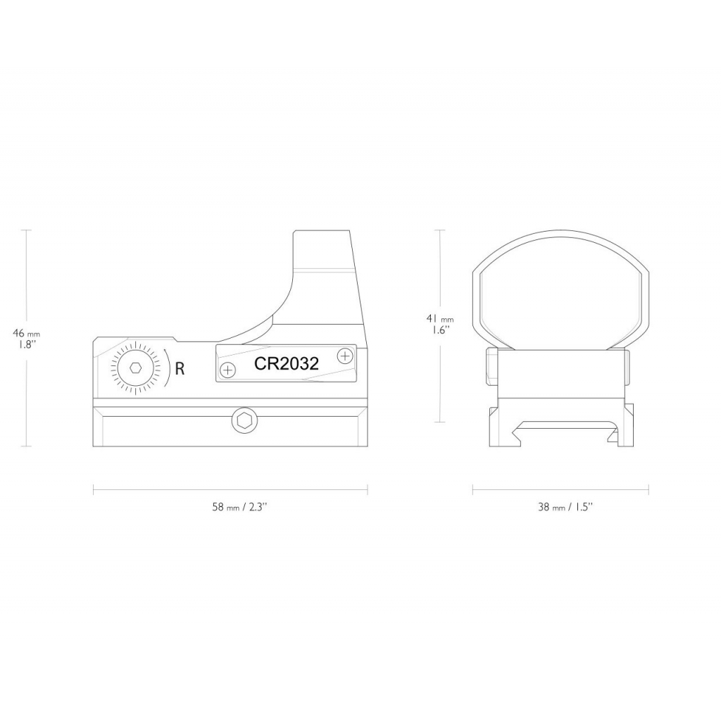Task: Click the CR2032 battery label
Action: [x=287, y=364]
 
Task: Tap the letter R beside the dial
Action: [x=180, y=368]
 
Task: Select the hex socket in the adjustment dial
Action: [x=135, y=368]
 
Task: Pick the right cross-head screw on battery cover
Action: [x=344, y=356]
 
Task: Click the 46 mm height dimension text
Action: [x=26, y=333]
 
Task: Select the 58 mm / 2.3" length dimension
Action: [x=239, y=507]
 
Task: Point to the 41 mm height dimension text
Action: [x=440, y=318]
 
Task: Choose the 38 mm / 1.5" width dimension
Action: [x=565, y=507]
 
